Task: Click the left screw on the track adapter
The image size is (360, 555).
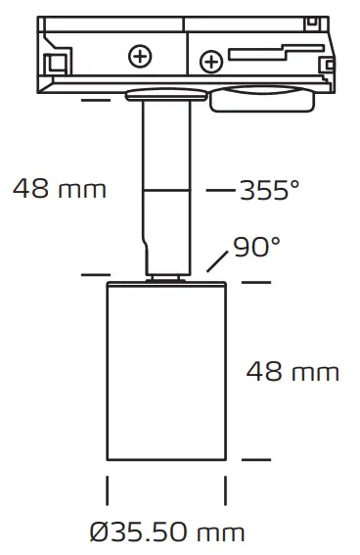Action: (142, 58)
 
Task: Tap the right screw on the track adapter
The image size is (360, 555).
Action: (210, 64)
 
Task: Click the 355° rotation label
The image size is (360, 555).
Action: (269, 190)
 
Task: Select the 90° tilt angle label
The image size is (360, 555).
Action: (256, 248)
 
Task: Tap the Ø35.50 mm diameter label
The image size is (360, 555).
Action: (166, 532)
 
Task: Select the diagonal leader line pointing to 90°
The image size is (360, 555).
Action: (218, 261)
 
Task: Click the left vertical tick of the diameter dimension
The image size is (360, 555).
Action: (107, 489)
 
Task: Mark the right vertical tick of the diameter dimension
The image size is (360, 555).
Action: (226, 489)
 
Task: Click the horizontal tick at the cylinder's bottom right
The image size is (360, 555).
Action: (256, 457)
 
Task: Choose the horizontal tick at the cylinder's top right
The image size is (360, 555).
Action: (256, 282)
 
